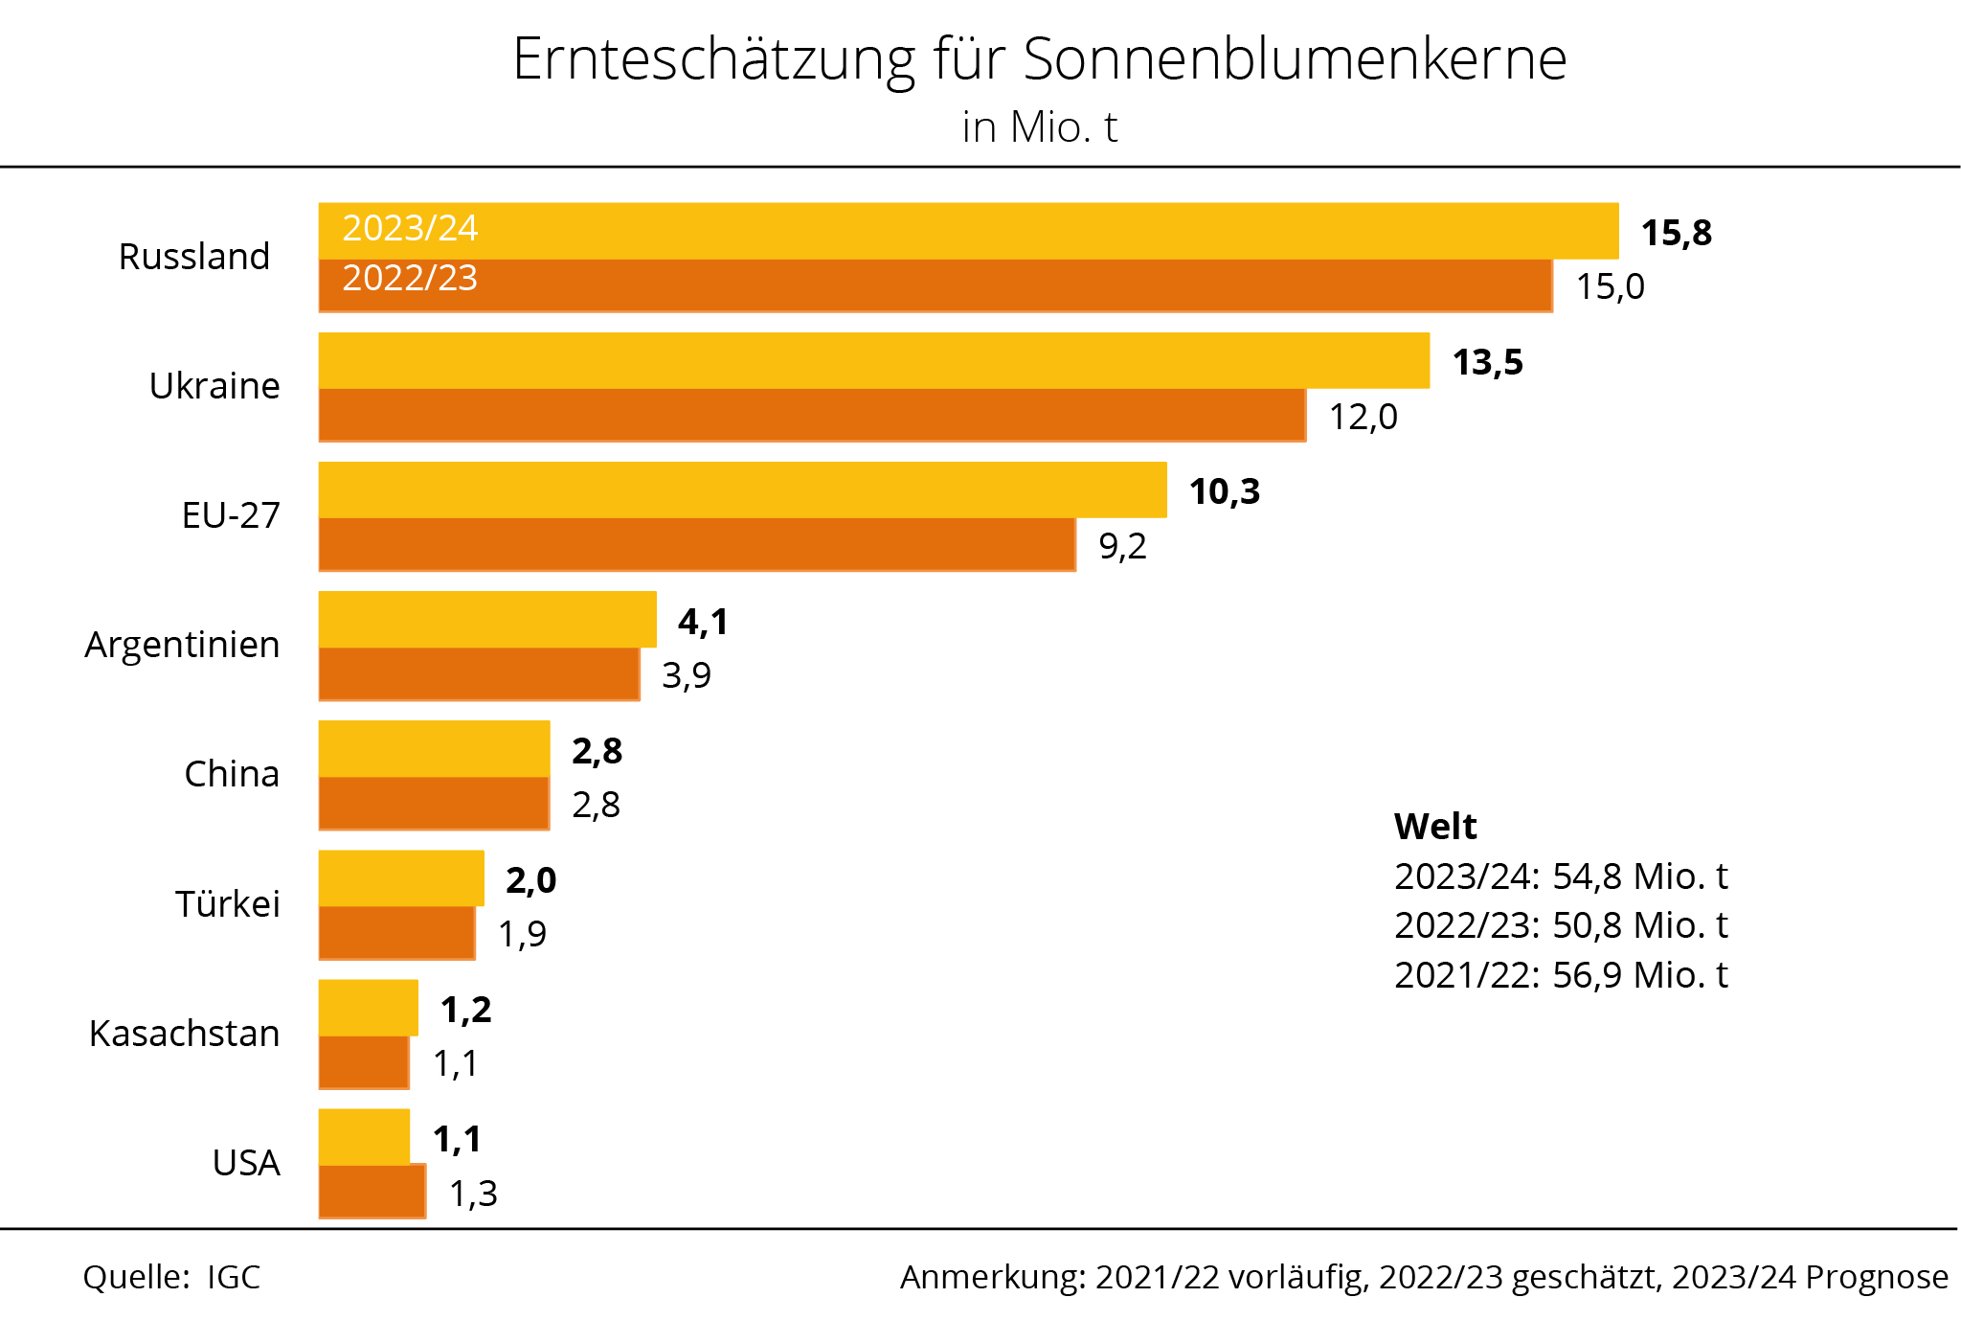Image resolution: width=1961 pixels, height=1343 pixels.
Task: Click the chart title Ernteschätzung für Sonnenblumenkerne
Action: coord(1039,59)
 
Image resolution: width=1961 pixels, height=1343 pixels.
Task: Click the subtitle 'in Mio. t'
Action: coord(1040,127)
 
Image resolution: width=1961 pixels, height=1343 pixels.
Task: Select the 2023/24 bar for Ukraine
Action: coord(873,361)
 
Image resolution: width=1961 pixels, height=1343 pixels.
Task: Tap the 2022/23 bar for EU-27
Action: coord(696,544)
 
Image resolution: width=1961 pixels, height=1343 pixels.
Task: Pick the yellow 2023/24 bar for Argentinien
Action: coord(487,620)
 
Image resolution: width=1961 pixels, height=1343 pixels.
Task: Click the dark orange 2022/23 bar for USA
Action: coord(372,1192)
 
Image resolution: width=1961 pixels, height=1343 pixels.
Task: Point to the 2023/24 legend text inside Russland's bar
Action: coord(410,228)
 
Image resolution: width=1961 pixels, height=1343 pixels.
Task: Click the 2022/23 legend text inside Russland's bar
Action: coord(410,278)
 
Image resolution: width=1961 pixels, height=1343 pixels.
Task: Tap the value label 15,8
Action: coord(1676,233)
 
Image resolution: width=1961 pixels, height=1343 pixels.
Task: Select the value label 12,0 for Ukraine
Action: coord(1363,417)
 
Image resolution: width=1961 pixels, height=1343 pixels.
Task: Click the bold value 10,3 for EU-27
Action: coord(1224,491)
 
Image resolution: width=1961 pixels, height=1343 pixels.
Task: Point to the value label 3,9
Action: coord(687,675)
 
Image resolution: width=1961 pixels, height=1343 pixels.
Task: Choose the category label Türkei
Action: coord(227,903)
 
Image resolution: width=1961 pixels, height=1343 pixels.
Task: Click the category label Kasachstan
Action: coord(184,1034)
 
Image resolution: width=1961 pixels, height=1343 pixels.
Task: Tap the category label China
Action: coord(232,774)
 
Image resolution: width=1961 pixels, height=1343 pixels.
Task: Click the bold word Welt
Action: coord(1435,826)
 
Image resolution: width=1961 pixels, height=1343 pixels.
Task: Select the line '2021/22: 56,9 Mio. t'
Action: coord(1561,975)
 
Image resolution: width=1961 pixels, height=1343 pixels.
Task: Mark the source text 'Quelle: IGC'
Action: coord(171,1277)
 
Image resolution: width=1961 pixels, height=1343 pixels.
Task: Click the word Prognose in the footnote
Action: coord(1877,1277)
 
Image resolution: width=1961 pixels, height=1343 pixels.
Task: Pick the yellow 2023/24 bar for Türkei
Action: coord(401,878)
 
